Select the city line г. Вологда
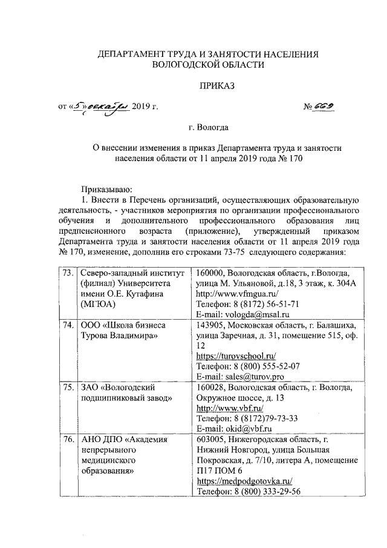tap(209, 128)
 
